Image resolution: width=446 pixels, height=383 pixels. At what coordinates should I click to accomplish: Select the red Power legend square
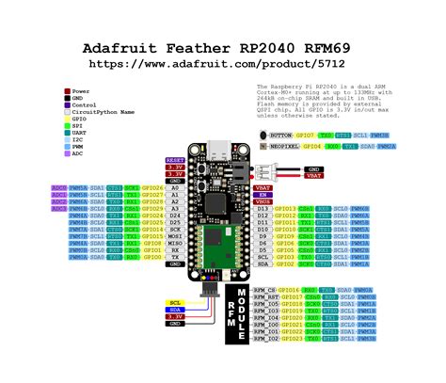click(x=66, y=91)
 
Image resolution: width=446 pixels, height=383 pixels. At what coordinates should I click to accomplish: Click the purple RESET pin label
click(x=175, y=161)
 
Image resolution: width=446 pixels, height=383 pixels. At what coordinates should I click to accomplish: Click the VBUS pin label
click(x=263, y=201)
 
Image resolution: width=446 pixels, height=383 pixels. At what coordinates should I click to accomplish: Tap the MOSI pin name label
click(x=175, y=235)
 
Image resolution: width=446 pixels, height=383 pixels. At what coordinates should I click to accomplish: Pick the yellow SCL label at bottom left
click(x=174, y=301)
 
